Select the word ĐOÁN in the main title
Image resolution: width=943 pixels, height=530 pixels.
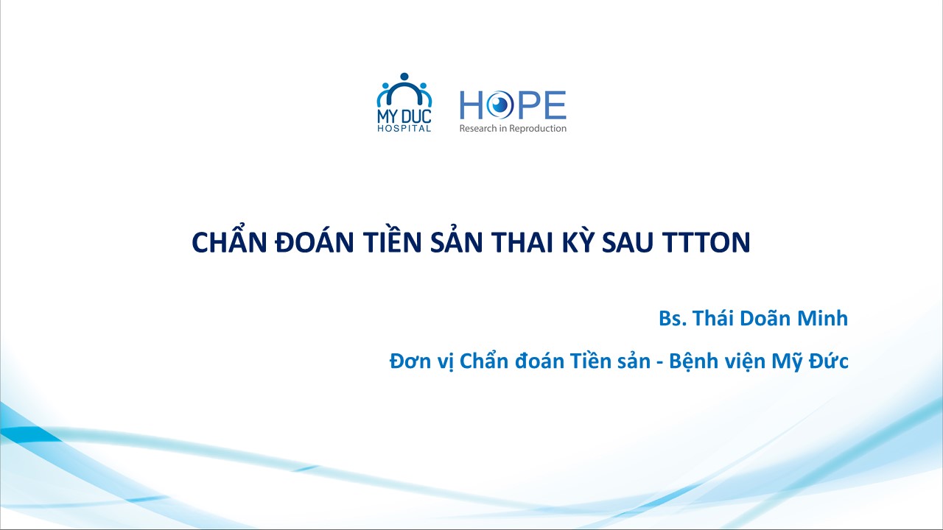click(x=314, y=242)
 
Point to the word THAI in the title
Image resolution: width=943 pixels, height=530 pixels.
click(x=522, y=243)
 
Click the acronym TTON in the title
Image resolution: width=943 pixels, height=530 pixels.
click(x=706, y=243)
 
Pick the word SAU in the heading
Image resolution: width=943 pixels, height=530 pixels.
click(x=628, y=243)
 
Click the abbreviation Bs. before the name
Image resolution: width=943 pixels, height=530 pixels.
click(x=673, y=319)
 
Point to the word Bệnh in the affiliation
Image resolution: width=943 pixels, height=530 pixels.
click(x=693, y=361)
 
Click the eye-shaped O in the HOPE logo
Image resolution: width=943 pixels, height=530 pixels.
click(x=499, y=105)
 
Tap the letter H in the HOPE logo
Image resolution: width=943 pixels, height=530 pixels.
click(x=471, y=105)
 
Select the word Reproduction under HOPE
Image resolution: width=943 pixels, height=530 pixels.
click(x=538, y=128)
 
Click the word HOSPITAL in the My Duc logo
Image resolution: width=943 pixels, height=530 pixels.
click(x=404, y=128)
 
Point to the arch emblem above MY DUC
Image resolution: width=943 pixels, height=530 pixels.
click(x=404, y=90)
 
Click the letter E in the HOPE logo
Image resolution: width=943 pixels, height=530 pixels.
click(x=555, y=105)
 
